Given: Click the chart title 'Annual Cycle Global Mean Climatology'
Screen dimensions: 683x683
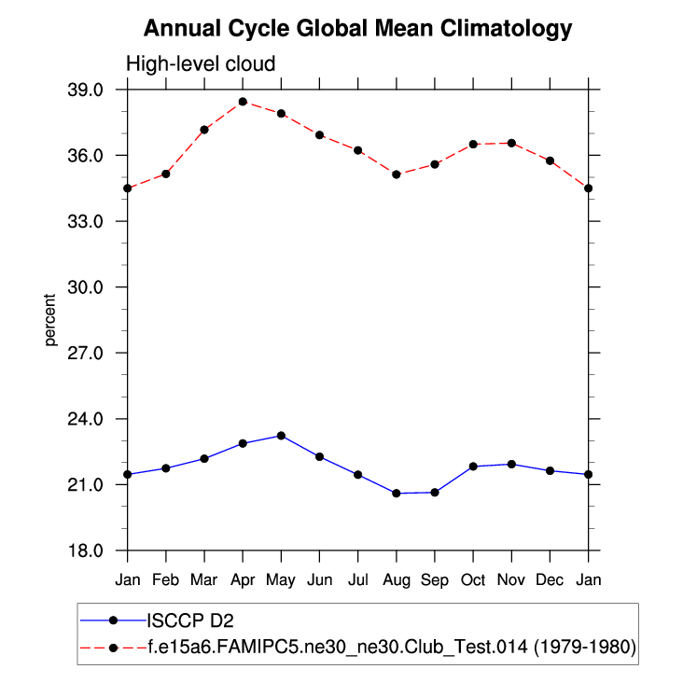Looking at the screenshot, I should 357,29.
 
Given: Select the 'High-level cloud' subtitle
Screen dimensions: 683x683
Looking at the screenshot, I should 201,64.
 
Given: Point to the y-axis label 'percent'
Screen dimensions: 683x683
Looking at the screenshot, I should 50,319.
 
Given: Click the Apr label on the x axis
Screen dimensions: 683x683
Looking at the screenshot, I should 243,579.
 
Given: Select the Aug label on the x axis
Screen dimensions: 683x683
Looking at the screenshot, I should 397,579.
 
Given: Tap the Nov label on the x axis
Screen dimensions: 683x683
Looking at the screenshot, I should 511,579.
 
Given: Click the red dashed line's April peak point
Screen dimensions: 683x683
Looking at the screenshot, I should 243,102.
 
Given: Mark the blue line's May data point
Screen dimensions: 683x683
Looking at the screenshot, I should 281,436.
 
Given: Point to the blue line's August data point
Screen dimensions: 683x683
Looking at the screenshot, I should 397,493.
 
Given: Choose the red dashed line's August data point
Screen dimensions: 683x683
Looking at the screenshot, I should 397,174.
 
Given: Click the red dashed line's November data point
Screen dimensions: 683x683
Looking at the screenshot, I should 511,143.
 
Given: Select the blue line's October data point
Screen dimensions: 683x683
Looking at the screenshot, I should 473,467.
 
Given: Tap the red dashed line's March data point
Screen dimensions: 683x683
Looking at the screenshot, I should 204,130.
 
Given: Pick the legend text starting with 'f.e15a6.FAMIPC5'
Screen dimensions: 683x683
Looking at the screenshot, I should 391,647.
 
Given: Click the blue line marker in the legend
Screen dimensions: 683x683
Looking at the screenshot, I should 113,620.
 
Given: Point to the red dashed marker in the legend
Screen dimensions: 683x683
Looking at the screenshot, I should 113,647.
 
